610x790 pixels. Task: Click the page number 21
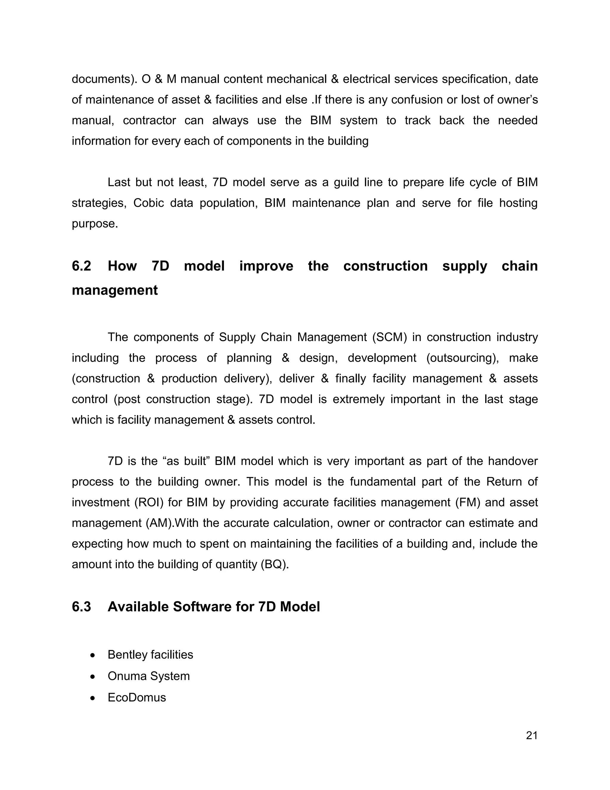point(532,735)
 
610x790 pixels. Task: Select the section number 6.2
point(81,266)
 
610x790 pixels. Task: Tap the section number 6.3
point(81,607)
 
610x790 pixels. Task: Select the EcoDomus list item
point(137,697)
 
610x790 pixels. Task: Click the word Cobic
point(149,203)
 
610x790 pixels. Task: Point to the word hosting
point(518,203)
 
